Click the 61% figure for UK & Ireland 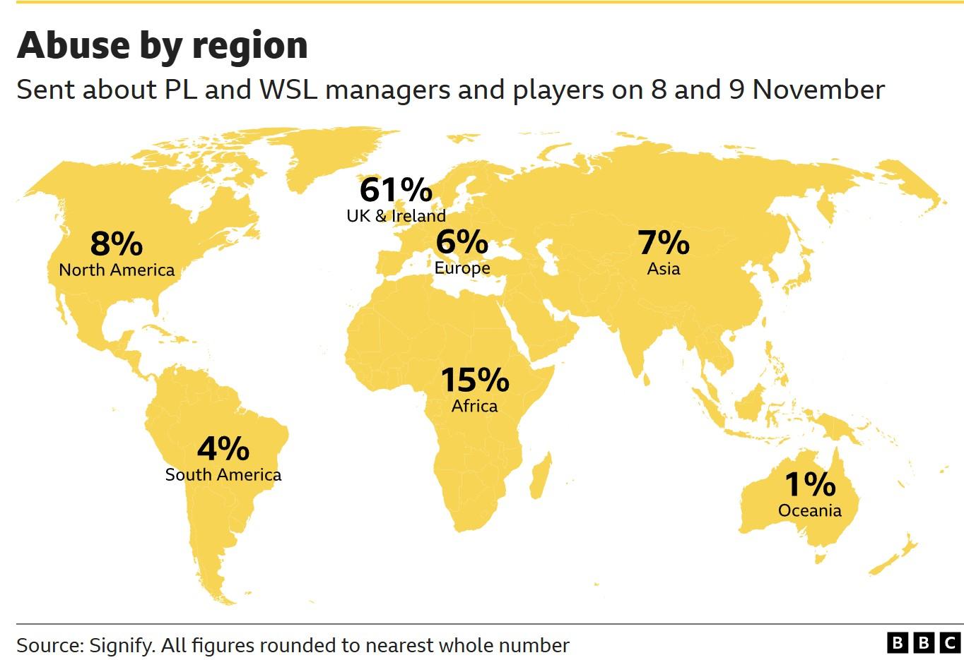pos(396,190)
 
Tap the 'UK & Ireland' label pos(396,216)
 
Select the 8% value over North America pos(117,244)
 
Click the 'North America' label pos(117,270)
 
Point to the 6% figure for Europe pos(462,242)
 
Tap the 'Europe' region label pos(462,268)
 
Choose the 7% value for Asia pos(664,243)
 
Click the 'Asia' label pos(664,269)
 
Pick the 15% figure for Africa pos(475,380)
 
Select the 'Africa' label pos(475,406)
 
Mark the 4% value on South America pos(223,449)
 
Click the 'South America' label pos(223,475)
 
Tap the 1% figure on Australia pos(810,485)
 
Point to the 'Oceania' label pos(810,510)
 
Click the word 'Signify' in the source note pos(120,646)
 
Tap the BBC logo pos(922,643)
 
